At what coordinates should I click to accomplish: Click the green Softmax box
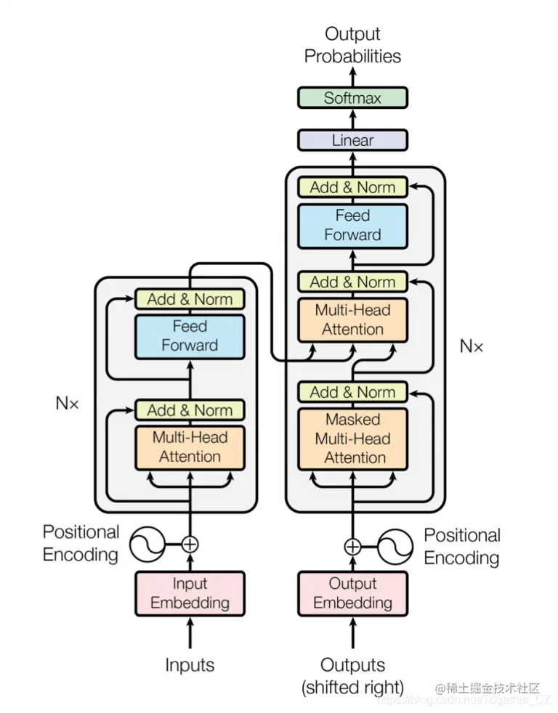[352, 98]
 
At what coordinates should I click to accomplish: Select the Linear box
[352, 140]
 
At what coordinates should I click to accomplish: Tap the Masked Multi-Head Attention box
[352, 439]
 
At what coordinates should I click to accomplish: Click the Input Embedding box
[190, 593]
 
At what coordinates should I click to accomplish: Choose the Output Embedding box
[352, 593]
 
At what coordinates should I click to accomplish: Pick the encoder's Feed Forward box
[190, 336]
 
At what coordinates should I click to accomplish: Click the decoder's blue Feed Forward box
[352, 225]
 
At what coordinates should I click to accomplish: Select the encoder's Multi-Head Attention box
[190, 447]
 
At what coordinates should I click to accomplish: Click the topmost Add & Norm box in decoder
[352, 187]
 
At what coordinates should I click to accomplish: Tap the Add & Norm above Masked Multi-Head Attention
[352, 392]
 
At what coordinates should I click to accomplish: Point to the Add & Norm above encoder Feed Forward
[190, 299]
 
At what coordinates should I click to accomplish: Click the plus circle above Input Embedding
[190, 544]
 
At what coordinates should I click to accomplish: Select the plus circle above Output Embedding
[352, 547]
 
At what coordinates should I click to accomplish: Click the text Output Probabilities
[352, 45]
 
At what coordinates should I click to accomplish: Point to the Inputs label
[190, 665]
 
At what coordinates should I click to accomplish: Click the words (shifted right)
[352, 687]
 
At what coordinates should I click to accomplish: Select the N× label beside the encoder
[68, 403]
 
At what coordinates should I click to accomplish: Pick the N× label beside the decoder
[472, 346]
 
